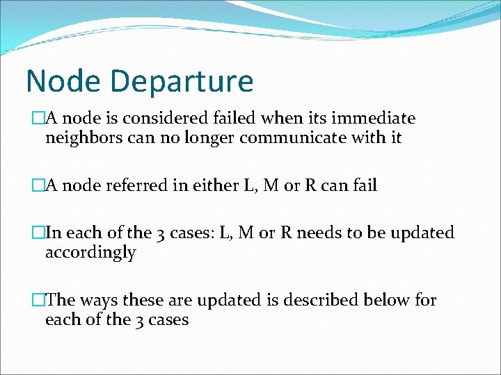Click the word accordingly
coord(90,252)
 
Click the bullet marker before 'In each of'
coord(38,233)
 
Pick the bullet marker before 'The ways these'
coord(38,300)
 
